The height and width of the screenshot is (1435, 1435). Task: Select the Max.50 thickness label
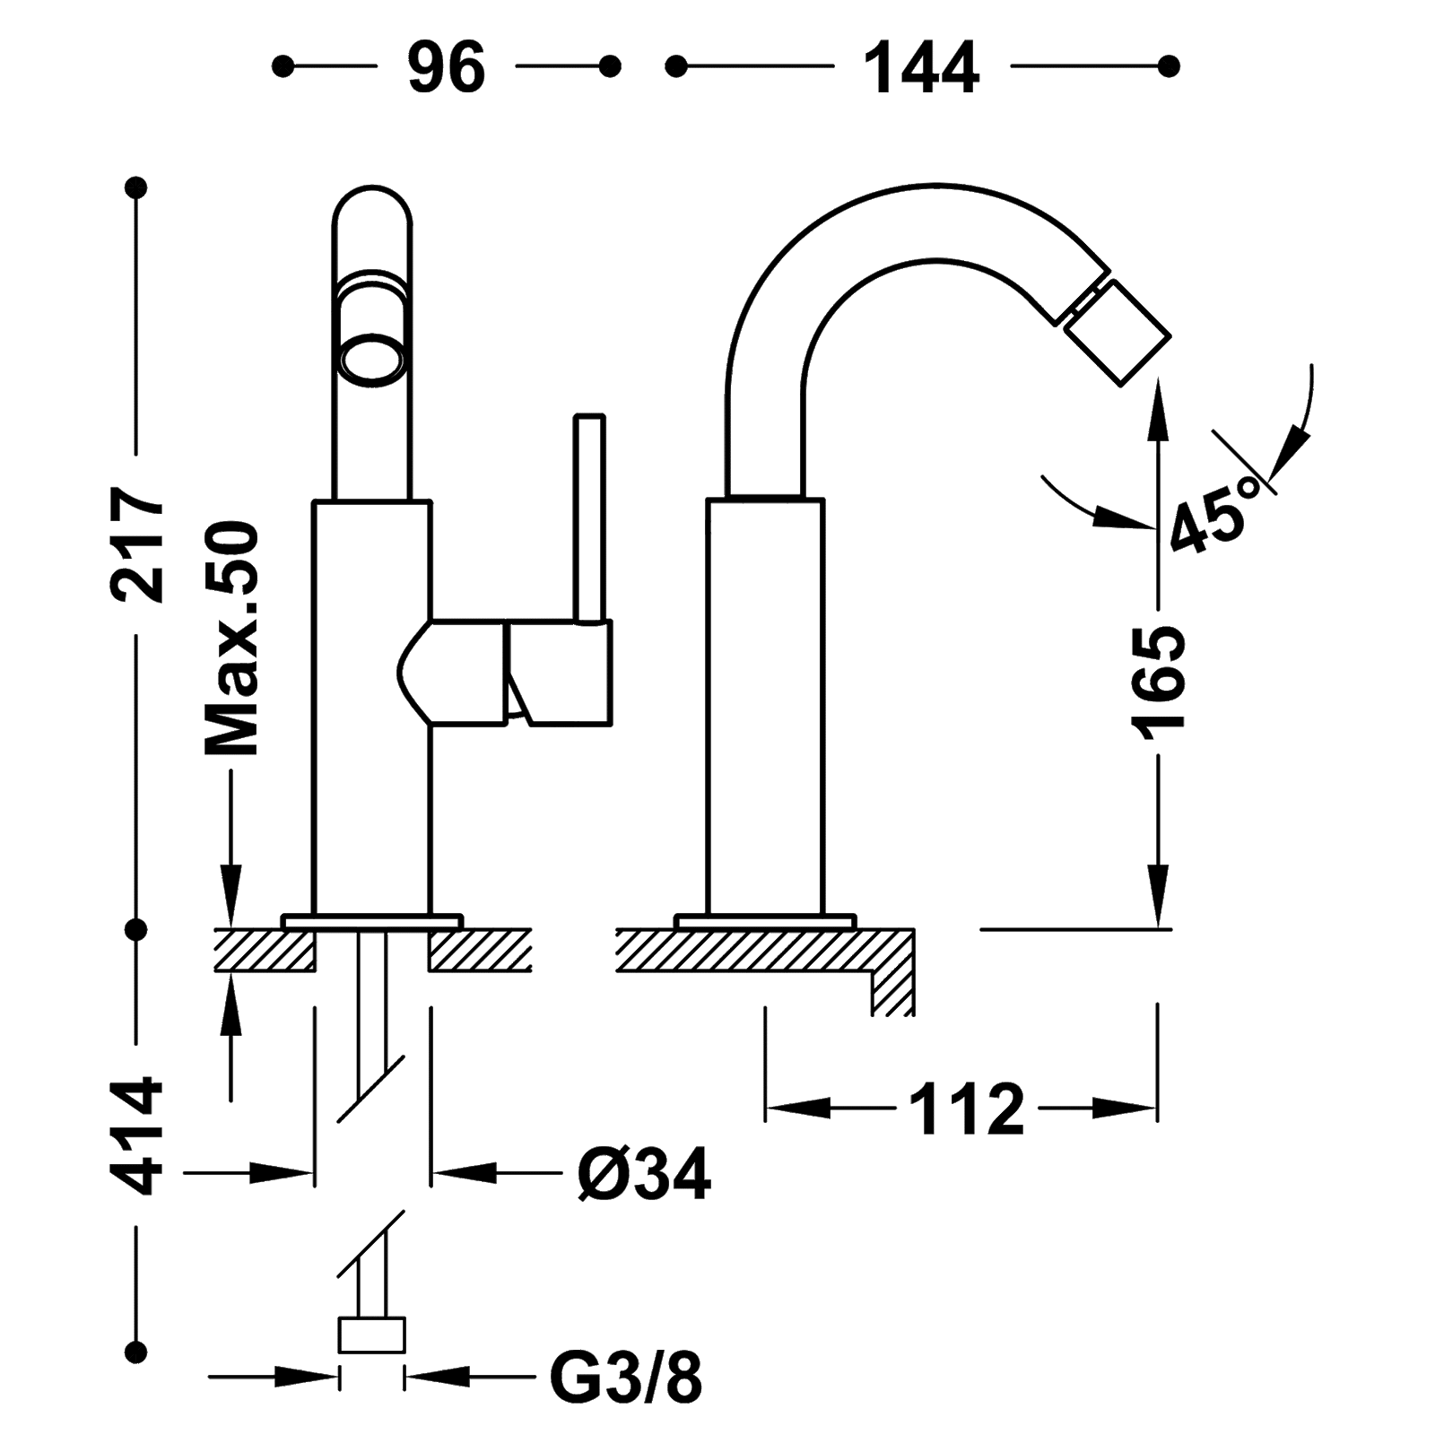(231, 639)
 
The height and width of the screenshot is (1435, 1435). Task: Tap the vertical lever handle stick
(590, 520)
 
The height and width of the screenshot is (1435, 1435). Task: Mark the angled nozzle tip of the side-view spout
(1114, 332)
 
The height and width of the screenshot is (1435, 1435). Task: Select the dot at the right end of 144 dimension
(1169, 65)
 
